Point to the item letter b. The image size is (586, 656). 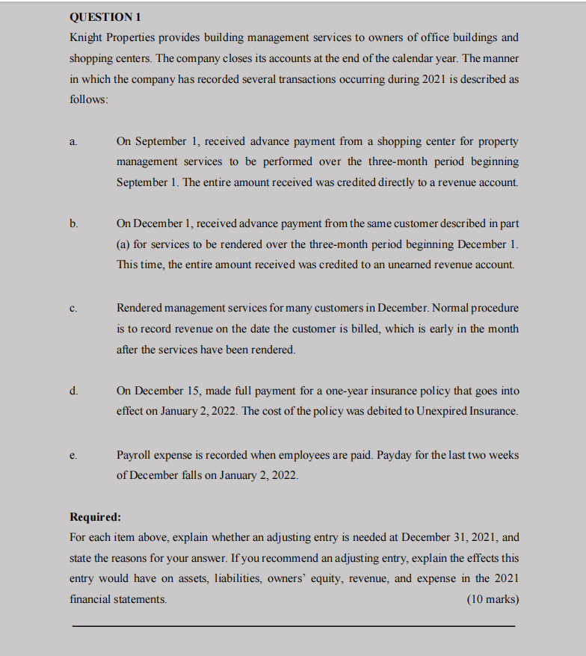(73, 223)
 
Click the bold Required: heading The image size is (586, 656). (95, 517)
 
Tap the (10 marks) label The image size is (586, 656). (492, 599)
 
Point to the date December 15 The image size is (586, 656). (161, 391)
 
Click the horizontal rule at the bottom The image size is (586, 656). (293, 625)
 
